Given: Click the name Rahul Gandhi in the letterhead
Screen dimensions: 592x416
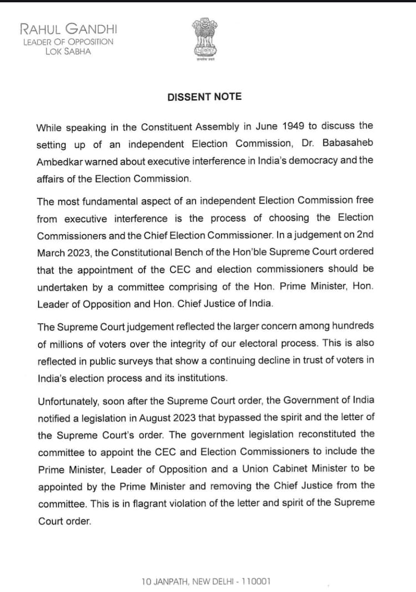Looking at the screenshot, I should (x=68, y=29).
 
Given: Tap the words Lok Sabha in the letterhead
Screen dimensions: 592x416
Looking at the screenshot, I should (x=69, y=52).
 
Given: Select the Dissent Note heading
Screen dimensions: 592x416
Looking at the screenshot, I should (x=205, y=97).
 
